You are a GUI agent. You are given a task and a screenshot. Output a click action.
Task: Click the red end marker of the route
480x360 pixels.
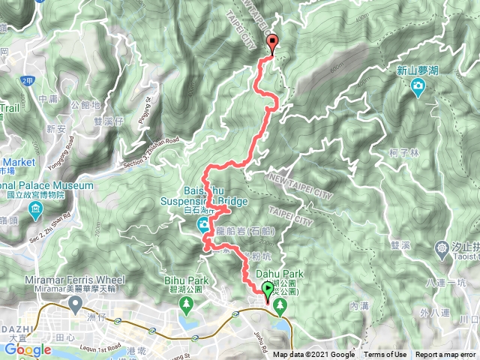[271, 43]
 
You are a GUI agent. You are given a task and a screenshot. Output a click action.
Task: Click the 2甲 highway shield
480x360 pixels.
[28, 80]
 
